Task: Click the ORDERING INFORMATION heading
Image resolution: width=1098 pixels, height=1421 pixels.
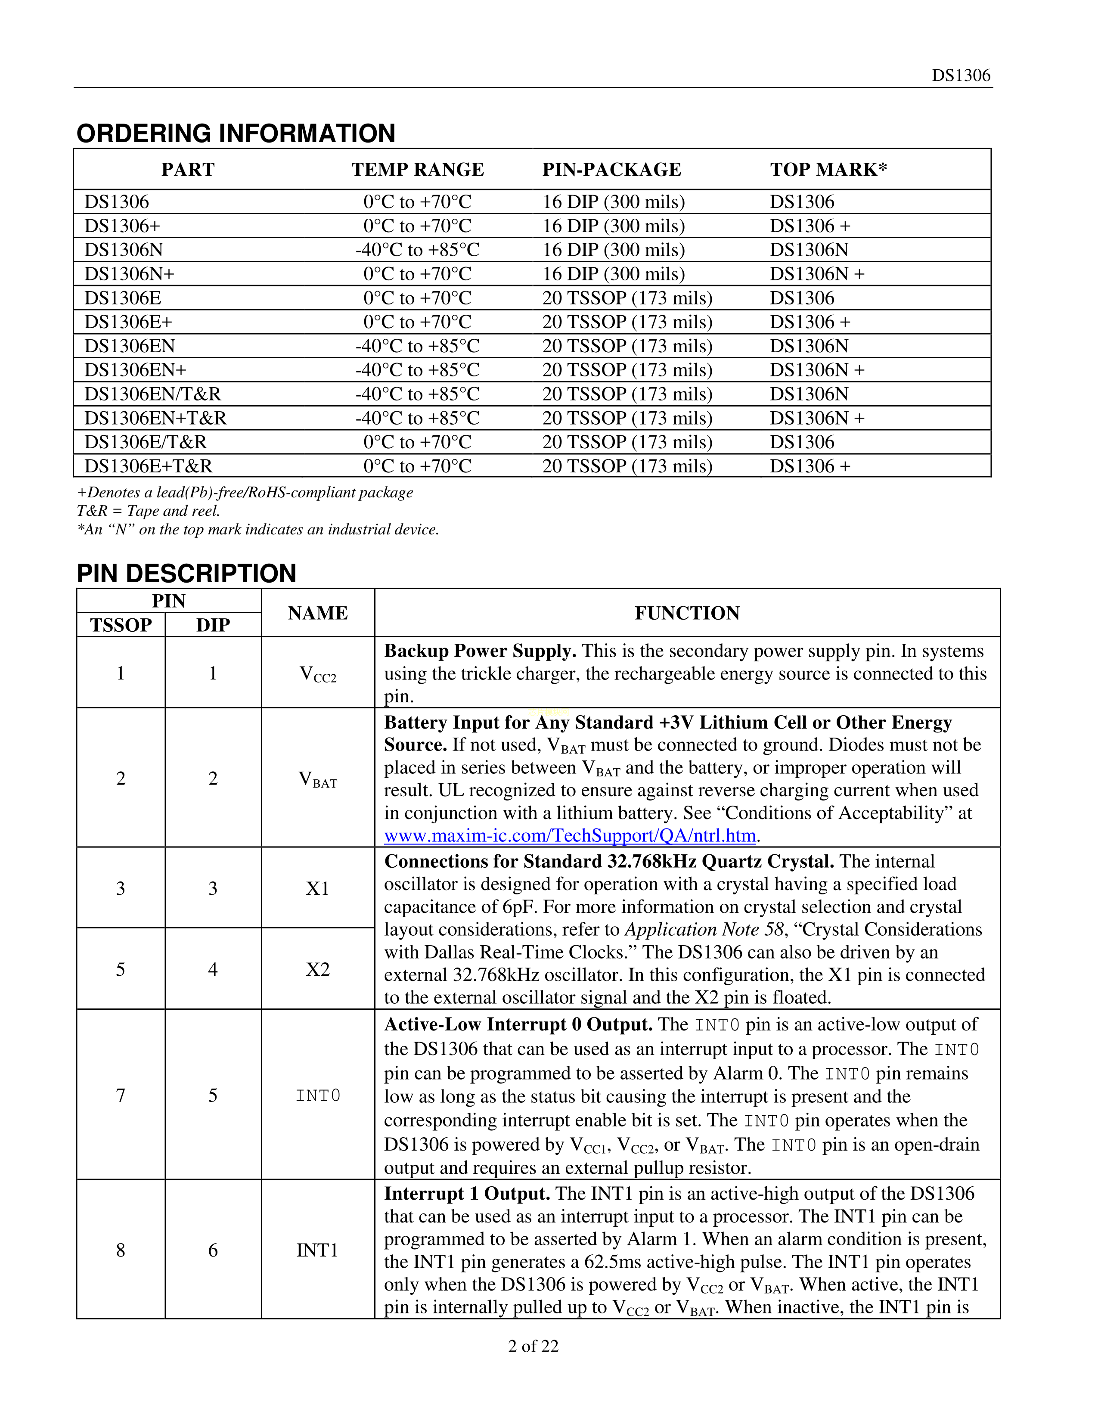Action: pos(236,133)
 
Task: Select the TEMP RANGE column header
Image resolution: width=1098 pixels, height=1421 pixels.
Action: pos(418,170)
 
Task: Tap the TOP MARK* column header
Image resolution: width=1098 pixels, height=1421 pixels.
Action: pos(828,170)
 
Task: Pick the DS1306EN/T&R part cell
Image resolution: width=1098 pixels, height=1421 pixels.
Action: pos(152,394)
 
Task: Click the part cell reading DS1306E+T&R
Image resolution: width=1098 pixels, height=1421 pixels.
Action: pos(148,466)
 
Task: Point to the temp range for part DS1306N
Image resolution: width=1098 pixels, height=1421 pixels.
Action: pos(418,250)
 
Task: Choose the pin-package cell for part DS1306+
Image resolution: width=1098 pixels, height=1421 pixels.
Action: pos(614,226)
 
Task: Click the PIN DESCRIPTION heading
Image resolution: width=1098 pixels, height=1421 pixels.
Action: pos(187,574)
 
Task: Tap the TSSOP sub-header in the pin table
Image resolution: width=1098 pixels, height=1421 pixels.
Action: pos(121,625)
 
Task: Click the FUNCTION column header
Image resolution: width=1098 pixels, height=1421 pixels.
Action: pos(687,613)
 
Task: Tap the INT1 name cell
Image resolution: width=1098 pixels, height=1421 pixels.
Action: pos(317,1250)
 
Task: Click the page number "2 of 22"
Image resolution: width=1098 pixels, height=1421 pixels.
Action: pos(533,1346)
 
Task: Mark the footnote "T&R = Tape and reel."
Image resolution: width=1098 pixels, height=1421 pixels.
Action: pos(148,511)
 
